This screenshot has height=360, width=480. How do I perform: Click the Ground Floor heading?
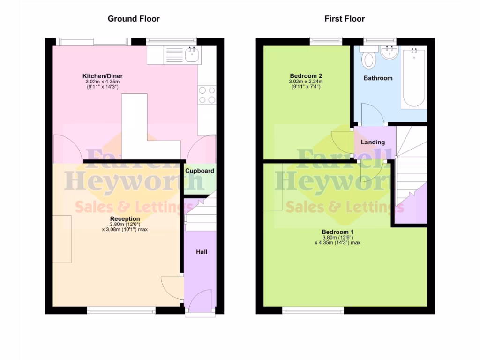click(134, 19)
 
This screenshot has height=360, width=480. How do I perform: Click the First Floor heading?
click(345, 19)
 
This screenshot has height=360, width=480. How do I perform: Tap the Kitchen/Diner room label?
click(103, 76)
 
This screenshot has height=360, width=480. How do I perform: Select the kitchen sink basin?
click(192, 55)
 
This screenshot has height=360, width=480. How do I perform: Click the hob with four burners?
click(207, 95)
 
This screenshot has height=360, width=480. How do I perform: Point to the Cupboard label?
click(200, 171)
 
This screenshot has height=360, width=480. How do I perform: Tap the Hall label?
click(202, 252)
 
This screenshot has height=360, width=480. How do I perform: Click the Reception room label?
click(125, 218)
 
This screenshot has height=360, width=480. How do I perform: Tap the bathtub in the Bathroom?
click(414, 78)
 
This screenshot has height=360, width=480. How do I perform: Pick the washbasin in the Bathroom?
click(388, 54)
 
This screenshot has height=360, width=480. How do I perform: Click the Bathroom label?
click(378, 78)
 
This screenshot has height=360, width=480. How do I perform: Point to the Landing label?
click(373, 142)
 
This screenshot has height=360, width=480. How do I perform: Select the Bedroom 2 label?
click(306, 76)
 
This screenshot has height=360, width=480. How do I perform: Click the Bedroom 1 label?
click(337, 232)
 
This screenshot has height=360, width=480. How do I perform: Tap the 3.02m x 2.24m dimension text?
click(306, 81)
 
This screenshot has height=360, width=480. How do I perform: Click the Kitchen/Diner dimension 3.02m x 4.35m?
click(103, 81)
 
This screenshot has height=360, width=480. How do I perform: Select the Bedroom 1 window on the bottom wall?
click(313, 310)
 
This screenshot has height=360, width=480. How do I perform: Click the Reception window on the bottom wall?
click(121, 310)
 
